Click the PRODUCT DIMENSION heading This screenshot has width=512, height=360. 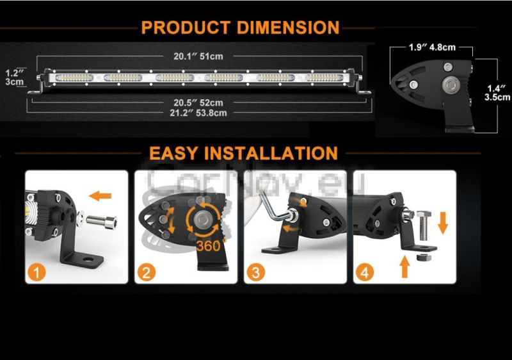pos(241,28)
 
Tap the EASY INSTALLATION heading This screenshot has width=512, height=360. pos(243,153)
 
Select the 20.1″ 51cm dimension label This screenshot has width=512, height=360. pos(198,56)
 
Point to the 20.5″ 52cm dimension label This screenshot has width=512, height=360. pos(198,102)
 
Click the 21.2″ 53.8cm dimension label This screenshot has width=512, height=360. pos(198,113)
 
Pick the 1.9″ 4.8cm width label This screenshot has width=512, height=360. pos(432,47)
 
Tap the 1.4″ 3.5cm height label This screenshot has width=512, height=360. pos(497,93)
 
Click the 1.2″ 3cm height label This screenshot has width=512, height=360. pos(15,78)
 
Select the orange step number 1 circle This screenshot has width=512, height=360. pos(36,272)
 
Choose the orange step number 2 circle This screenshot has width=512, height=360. pos(147,272)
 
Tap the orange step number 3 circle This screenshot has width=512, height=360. pos(255,272)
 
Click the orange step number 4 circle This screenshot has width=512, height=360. pos(365,272)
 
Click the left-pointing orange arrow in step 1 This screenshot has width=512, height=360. pos(100,196)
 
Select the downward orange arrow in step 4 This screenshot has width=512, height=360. pos(442,223)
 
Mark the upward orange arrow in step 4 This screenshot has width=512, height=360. pos(405,266)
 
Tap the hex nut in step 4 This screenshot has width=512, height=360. pos(424,258)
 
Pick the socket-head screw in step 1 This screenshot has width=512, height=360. pos(102,222)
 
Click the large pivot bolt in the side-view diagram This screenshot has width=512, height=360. pos(451,85)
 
